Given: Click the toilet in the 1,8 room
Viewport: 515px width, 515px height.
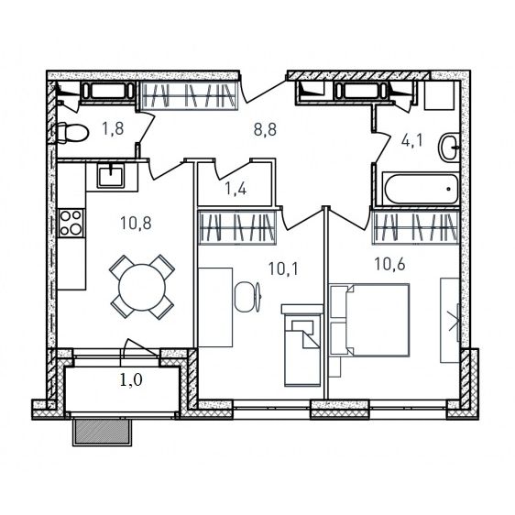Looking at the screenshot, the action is (72, 133).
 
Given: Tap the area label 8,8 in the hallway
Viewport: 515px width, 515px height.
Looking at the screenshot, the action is (265, 129).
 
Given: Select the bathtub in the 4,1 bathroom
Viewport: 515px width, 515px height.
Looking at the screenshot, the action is (421, 189).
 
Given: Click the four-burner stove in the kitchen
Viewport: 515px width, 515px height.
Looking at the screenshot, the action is (71, 224).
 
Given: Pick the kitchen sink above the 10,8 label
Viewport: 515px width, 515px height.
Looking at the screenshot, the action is (111, 176).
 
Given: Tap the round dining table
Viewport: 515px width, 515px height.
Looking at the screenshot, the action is (142, 288).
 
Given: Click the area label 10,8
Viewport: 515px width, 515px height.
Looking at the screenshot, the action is (136, 224).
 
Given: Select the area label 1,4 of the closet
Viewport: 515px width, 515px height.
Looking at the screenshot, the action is (236, 189).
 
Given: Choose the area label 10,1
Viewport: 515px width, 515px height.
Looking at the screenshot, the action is (283, 268).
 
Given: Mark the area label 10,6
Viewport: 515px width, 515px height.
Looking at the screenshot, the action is (389, 264).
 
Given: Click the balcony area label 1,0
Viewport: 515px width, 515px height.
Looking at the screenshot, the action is (131, 380).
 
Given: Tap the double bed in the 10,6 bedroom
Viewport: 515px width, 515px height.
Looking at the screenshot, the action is (370, 320).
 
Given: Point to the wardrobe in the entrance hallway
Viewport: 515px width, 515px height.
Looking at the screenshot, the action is (189, 95).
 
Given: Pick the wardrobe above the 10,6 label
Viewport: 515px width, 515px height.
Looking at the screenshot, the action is (415, 227).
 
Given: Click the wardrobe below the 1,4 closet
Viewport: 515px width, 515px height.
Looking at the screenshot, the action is (237, 227).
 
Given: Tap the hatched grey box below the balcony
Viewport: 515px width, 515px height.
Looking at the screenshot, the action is (102, 432).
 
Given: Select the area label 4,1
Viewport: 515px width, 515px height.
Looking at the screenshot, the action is (413, 140).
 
